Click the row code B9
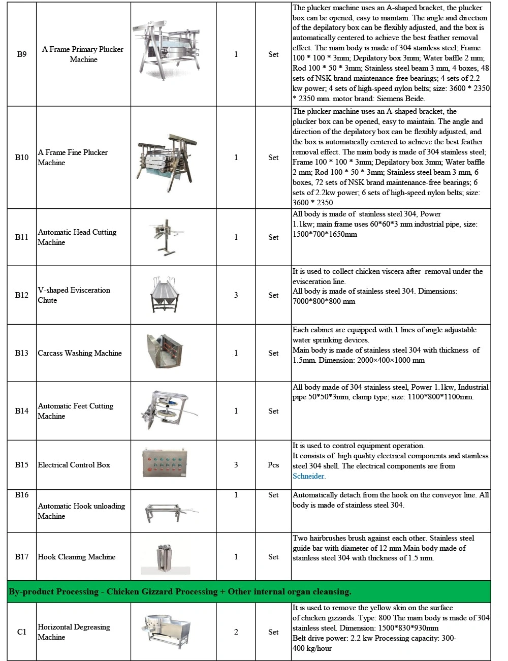[x=22, y=54]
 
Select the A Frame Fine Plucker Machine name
[x=73, y=158]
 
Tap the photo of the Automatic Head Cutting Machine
[x=168, y=237]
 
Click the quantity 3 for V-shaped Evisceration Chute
[x=236, y=295]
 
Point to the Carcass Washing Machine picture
[x=166, y=351]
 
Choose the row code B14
[x=22, y=411]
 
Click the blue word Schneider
[x=308, y=476]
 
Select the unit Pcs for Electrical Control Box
[x=273, y=465]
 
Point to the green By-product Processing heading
[x=180, y=592]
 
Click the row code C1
[x=22, y=632]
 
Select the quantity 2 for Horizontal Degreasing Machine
[x=236, y=632]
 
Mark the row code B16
[x=22, y=495]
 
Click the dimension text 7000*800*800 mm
[x=324, y=301]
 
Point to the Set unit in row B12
[x=273, y=295]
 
